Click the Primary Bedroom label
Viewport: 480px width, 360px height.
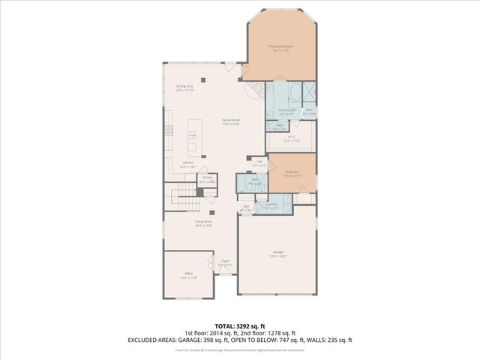[x=281, y=46]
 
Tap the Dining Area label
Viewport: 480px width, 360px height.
[x=184, y=87]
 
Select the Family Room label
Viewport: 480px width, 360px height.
[x=230, y=121]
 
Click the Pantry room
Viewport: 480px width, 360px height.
[x=206, y=179]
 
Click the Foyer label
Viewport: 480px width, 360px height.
[x=225, y=262]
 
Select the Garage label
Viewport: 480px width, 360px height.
[x=277, y=254]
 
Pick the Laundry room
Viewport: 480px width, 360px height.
[x=271, y=205]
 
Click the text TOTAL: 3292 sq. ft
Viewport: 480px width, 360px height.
[x=240, y=326]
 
